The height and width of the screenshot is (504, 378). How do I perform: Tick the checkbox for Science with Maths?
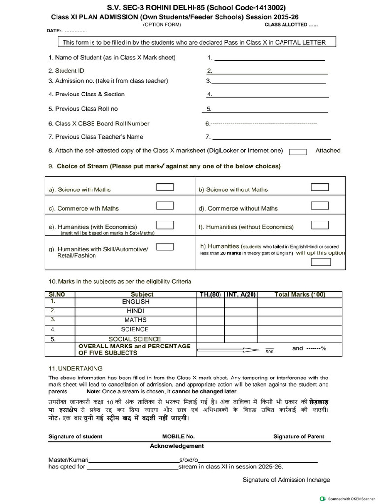tap(164, 187)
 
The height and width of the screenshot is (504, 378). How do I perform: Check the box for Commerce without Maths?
tap(320, 206)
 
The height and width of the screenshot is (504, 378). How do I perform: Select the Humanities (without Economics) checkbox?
tap(320, 225)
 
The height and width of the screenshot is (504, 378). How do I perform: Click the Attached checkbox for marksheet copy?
tap(298, 152)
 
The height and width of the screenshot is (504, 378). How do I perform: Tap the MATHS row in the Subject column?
tap(135, 320)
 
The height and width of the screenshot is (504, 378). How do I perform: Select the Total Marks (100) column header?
tap(299, 294)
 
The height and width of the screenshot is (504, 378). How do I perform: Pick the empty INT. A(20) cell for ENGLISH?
tap(241, 302)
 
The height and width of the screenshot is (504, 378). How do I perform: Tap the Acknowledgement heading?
tap(176, 446)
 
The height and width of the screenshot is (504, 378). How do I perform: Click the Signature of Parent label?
tap(299, 436)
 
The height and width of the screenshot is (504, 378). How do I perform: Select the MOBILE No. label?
tap(179, 436)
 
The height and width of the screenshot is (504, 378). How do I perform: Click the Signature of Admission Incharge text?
tap(286, 480)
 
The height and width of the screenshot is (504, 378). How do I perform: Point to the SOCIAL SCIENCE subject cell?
tap(134, 339)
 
